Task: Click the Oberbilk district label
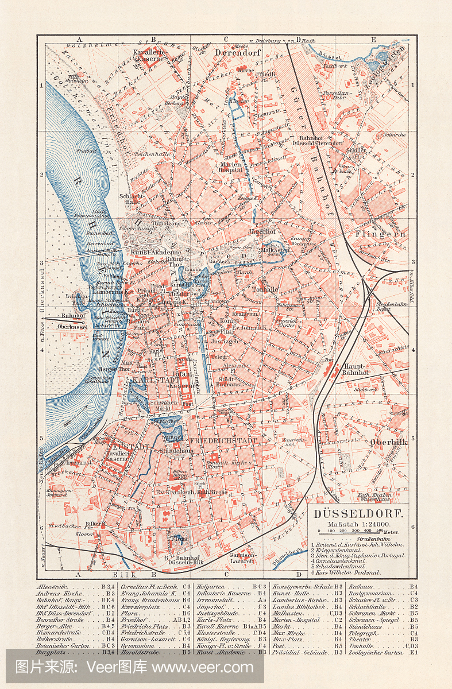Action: [389, 442]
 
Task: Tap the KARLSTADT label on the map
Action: [151, 381]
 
